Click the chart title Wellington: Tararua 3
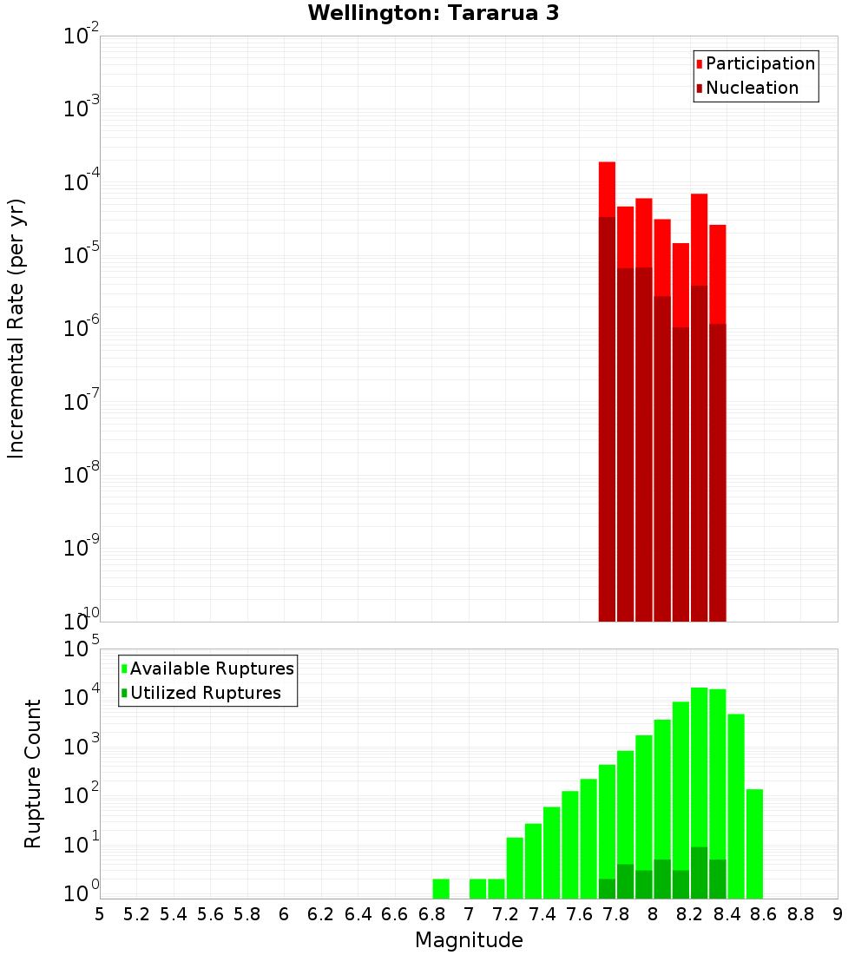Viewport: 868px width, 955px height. click(433, 13)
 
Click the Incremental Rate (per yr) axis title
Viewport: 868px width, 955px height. click(16, 328)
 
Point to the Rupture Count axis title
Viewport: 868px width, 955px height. click(33, 774)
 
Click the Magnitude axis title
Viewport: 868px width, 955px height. click(469, 940)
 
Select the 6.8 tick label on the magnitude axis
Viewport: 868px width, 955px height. click(431, 914)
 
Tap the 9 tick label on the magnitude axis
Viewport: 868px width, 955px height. click(838, 914)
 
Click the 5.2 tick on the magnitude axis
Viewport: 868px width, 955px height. click(136, 914)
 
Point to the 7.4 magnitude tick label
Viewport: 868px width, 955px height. click(542, 914)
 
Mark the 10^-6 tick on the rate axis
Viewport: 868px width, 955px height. click(82, 329)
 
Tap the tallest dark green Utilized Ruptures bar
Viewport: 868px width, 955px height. click(699, 873)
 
